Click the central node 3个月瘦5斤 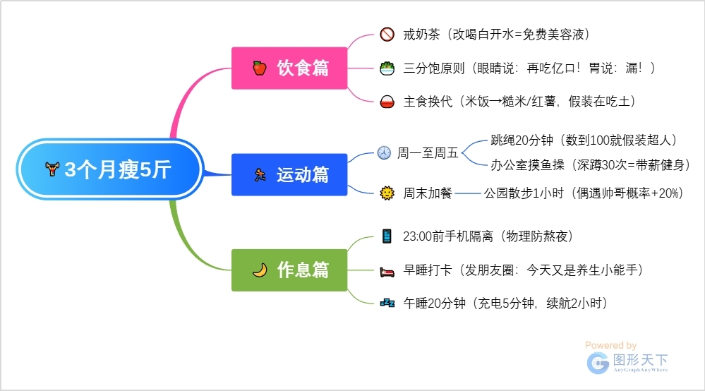pyautogui.click(x=110, y=169)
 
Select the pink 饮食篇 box pyautogui.click(x=289, y=68)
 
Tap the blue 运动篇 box pyautogui.click(x=289, y=174)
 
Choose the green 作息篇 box pyautogui.click(x=289, y=270)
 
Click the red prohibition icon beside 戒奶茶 pyautogui.click(x=387, y=34)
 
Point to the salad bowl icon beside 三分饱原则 pyautogui.click(x=387, y=68)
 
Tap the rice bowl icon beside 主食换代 pyautogui.click(x=387, y=102)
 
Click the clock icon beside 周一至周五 pyautogui.click(x=384, y=153)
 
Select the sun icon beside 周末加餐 pyautogui.click(x=387, y=193)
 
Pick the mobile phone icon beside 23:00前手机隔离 pyautogui.click(x=387, y=236)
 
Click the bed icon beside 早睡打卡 pyautogui.click(x=387, y=272)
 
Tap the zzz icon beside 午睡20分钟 pyautogui.click(x=387, y=303)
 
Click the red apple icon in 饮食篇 pyautogui.click(x=260, y=68)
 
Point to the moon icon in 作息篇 pyautogui.click(x=260, y=270)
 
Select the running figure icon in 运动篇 pyautogui.click(x=260, y=174)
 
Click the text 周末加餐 pyautogui.click(x=427, y=193)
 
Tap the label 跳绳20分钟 pyautogui.click(x=522, y=140)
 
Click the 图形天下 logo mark pyautogui.click(x=598, y=363)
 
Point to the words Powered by pyautogui.click(x=610, y=345)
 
